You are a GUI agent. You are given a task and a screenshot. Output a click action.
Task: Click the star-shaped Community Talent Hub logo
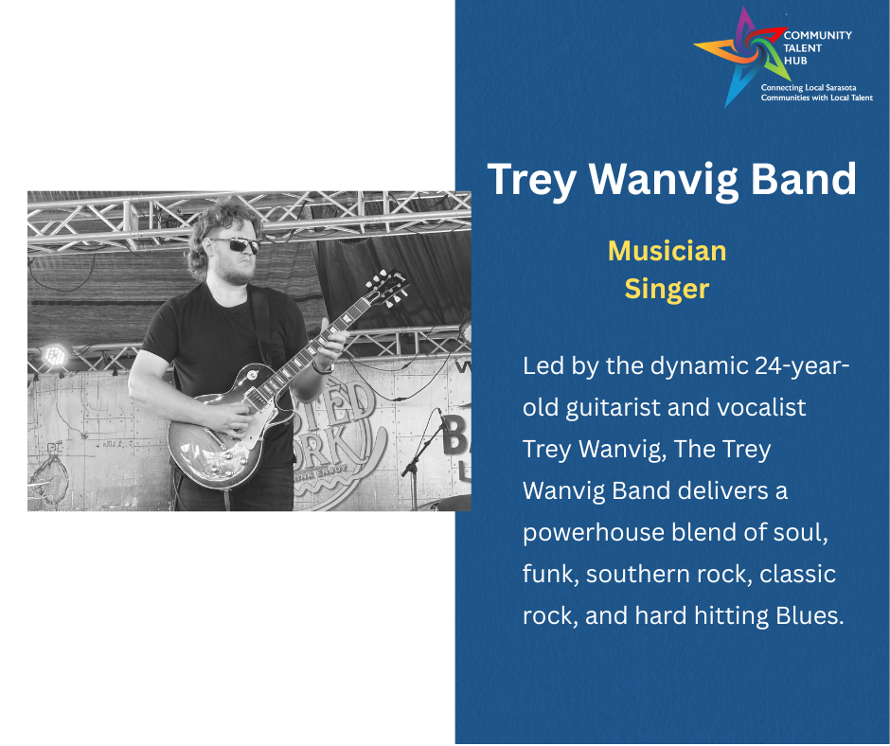(742, 56)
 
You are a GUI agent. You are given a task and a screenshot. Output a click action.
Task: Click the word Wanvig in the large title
(663, 181)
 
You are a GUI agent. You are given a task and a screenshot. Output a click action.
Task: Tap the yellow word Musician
(667, 251)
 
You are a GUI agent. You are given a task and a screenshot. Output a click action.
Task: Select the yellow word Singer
(667, 289)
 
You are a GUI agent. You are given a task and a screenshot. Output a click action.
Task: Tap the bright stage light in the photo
(55, 355)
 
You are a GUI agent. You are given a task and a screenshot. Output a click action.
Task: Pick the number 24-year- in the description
(802, 365)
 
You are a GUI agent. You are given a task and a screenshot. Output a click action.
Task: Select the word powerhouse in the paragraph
(593, 533)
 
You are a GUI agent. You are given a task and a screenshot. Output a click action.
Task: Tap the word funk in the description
(551, 574)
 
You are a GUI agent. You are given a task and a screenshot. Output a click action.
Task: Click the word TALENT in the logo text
(803, 47)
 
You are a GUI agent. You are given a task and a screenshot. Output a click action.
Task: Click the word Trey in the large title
(532, 181)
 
